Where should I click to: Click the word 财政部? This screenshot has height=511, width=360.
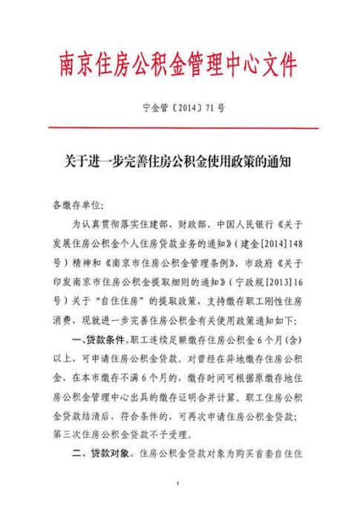[206, 223]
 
